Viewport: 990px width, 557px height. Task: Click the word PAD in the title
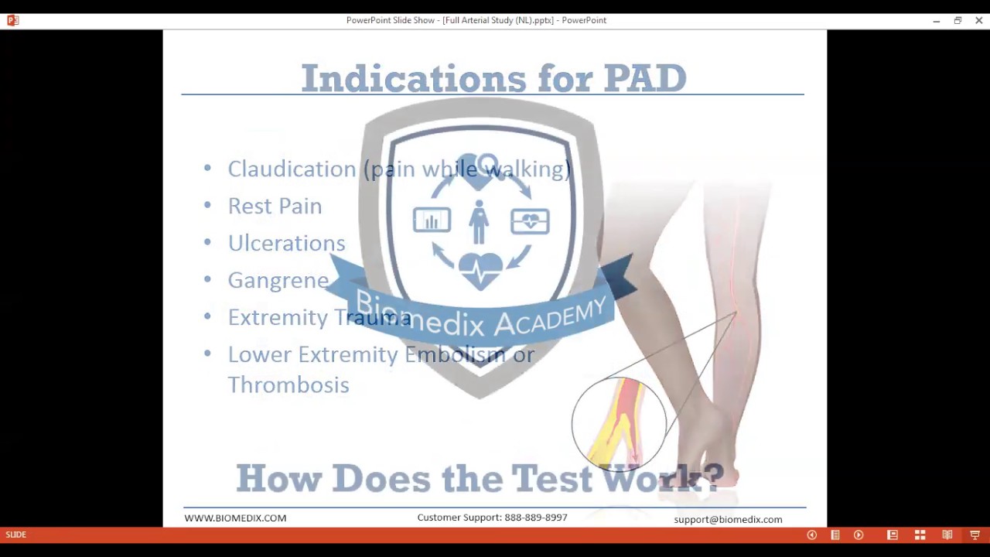(645, 78)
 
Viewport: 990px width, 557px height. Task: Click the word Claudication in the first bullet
(292, 169)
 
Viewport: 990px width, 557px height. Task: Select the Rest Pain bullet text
(275, 206)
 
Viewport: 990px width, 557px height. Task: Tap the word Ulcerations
(286, 243)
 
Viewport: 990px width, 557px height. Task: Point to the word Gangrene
(278, 280)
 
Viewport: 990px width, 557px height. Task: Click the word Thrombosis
(288, 384)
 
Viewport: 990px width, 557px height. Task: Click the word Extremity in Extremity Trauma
(278, 317)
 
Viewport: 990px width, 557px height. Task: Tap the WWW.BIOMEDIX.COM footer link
(235, 518)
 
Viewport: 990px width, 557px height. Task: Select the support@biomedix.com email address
(728, 519)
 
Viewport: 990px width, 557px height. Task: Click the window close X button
(978, 20)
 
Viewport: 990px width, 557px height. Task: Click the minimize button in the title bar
(936, 20)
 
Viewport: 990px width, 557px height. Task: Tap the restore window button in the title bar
(958, 20)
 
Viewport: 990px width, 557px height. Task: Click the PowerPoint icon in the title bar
(12, 20)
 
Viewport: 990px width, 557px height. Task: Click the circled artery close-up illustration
(619, 423)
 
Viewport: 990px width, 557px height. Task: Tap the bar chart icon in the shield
(432, 220)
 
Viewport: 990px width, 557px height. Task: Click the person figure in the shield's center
(479, 222)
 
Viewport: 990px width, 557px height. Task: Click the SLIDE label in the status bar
(15, 535)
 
